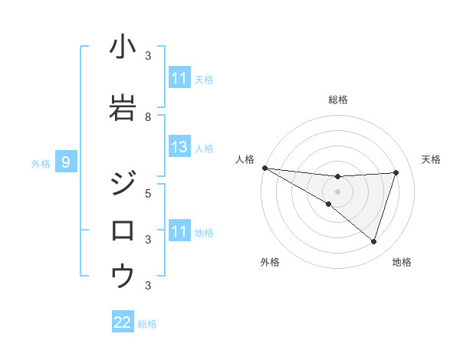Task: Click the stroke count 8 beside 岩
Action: (x=148, y=117)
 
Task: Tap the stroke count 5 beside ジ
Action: (x=148, y=193)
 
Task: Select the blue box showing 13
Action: (x=179, y=147)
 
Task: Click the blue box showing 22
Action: (x=123, y=322)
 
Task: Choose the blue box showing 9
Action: (x=66, y=162)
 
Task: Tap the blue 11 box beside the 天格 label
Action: (x=179, y=78)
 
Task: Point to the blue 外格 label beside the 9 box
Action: (x=41, y=163)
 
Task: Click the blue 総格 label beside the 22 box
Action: (x=148, y=324)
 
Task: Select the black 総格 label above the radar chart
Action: (x=338, y=100)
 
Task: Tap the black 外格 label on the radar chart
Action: (x=270, y=262)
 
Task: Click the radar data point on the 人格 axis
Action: (x=264, y=167)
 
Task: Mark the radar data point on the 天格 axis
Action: (x=396, y=172)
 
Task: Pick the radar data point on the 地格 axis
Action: (x=373, y=241)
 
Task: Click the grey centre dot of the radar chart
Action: (x=337, y=191)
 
